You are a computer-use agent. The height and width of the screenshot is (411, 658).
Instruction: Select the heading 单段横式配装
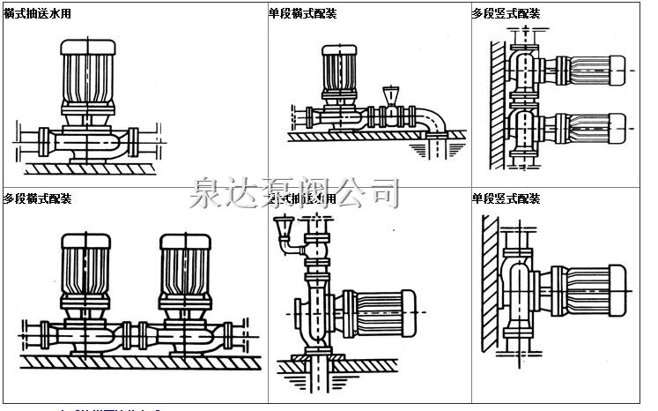coord(303,12)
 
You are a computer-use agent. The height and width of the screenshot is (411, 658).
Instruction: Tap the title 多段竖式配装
coord(506,12)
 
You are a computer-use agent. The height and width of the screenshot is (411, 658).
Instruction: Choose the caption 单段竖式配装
coord(506,199)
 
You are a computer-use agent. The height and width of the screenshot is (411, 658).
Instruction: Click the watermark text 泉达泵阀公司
coord(295,192)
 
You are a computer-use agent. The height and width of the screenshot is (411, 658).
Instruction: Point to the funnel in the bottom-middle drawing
coord(284,231)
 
